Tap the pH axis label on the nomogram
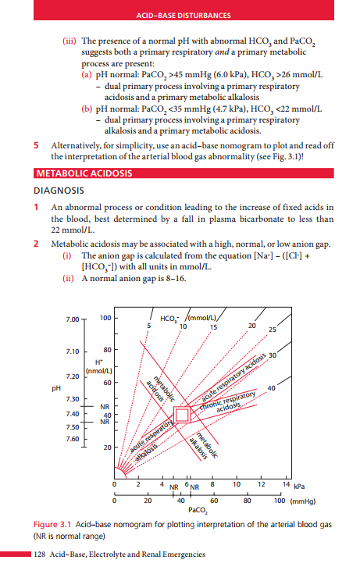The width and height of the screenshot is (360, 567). coord(55,387)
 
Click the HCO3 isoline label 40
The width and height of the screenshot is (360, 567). coord(271,388)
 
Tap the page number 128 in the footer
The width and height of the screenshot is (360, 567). coord(41,554)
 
